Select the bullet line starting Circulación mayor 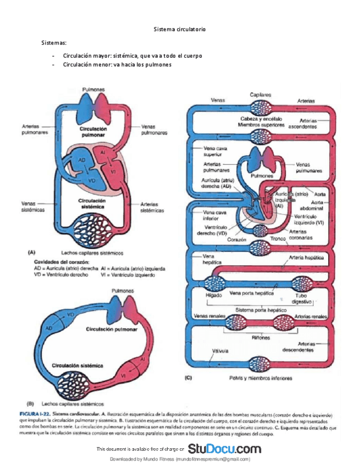click(132, 56)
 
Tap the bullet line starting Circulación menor click(117, 65)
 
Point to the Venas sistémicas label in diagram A click(33, 206)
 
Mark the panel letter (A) click(32, 253)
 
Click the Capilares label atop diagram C click(261, 95)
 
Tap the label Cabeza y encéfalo click(261, 119)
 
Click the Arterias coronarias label click(300, 235)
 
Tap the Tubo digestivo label click(302, 298)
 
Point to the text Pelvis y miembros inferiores click(261, 378)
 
